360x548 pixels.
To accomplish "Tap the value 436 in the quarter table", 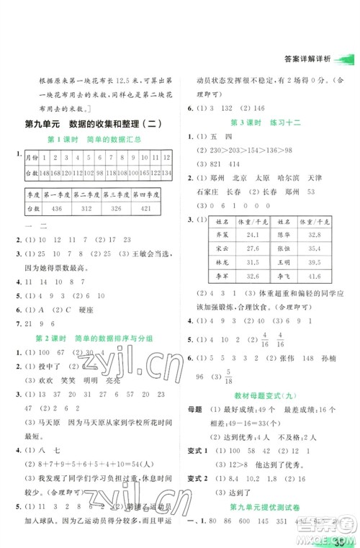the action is click(x=57, y=208).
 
